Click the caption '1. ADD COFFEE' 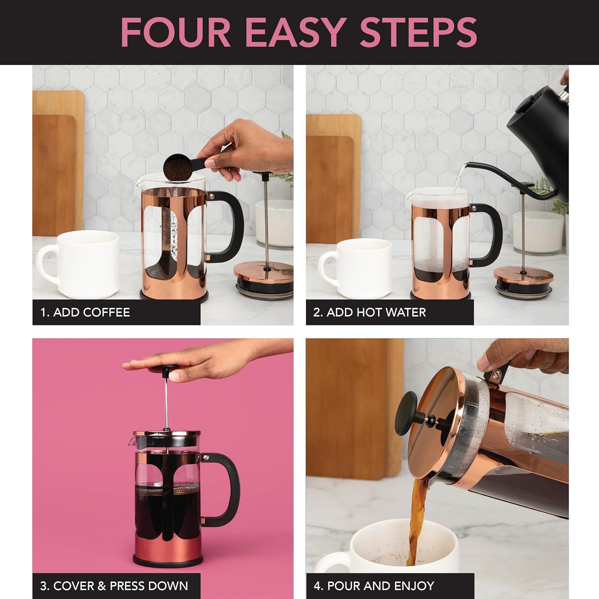click(85, 312)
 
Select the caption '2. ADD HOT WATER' click(369, 312)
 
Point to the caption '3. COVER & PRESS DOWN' click(114, 586)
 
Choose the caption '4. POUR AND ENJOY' click(374, 586)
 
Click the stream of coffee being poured click(415, 519)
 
